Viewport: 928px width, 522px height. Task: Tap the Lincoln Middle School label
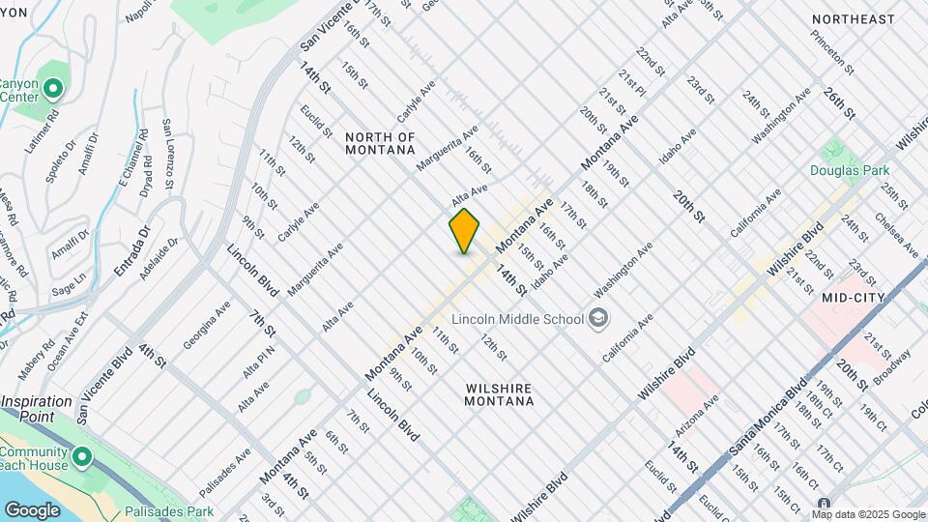(518, 319)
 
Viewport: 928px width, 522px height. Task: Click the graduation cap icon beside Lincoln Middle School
(599, 318)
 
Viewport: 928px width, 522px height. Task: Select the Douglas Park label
(850, 169)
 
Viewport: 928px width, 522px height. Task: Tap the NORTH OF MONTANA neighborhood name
(380, 143)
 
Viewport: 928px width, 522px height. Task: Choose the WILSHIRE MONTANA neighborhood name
(499, 395)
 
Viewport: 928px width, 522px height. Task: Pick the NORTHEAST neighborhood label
(854, 19)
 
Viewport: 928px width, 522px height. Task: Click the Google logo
(32, 509)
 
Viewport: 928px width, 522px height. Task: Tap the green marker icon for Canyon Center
(53, 90)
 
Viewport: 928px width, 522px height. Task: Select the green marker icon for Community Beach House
(82, 457)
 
